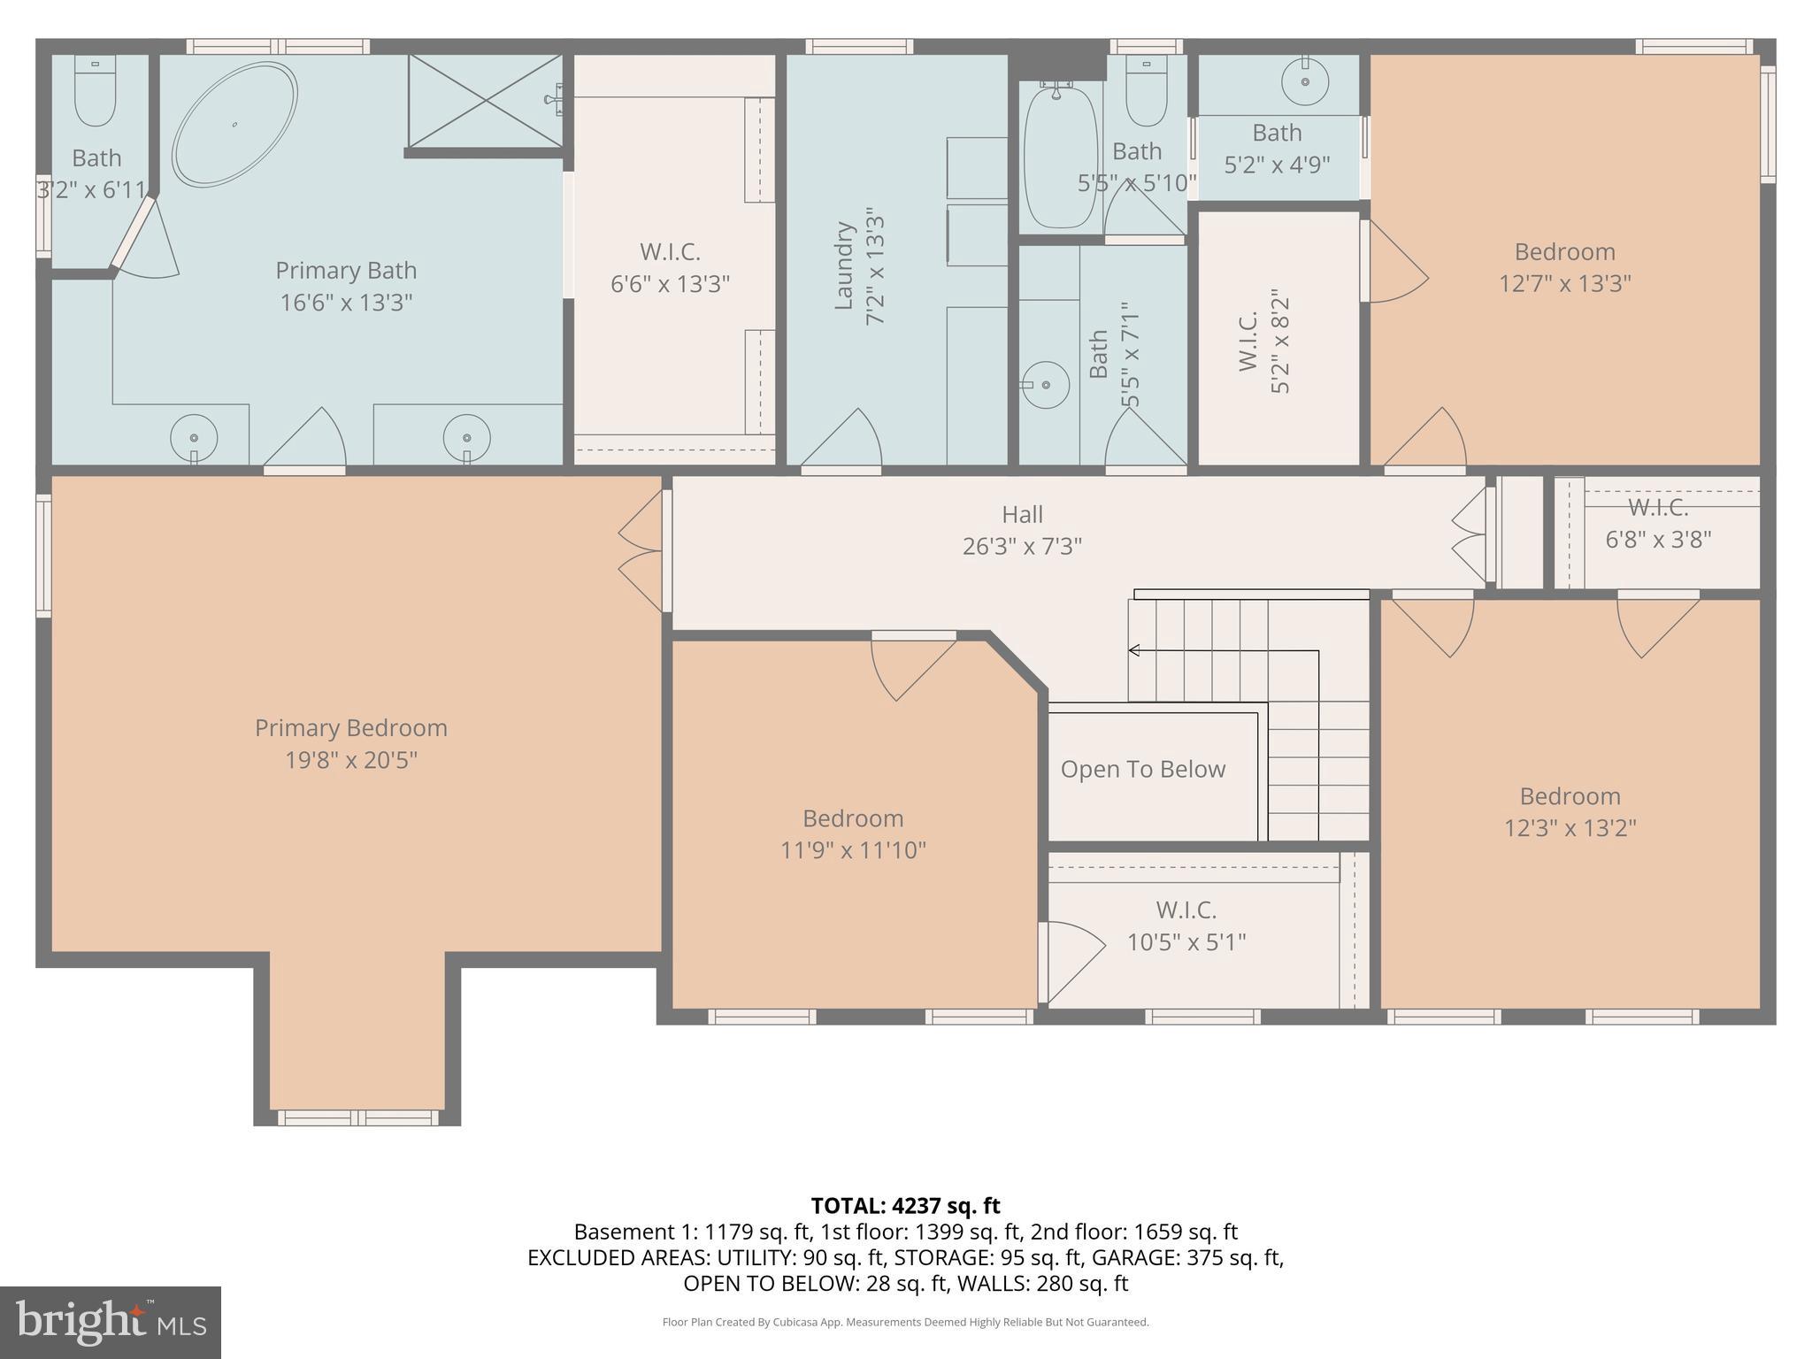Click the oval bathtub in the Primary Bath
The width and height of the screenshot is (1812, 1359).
(234, 124)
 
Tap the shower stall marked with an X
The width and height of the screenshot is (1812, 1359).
(485, 100)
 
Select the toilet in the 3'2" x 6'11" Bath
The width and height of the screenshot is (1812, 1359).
(95, 92)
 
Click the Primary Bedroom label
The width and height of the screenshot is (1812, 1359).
(351, 728)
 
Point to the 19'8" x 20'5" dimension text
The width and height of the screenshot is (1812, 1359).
(351, 760)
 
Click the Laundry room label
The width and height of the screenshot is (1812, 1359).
(844, 265)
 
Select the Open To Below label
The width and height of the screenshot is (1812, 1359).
(1143, 770)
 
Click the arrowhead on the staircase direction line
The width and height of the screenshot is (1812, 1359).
(1133, 651)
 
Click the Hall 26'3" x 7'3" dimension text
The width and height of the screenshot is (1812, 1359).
(1022, 547)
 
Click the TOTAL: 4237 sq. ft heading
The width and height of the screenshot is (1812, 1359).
(905, 1206)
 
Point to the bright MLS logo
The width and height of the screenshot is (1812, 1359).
(111, 1323)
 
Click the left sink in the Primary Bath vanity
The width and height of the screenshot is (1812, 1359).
(194, 438)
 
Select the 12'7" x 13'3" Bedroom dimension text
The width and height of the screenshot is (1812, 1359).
(1564, 284)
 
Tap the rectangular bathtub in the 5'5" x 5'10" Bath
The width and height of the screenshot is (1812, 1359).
(1060, 157)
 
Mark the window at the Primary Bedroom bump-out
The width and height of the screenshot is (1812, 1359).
(358, 1117)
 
